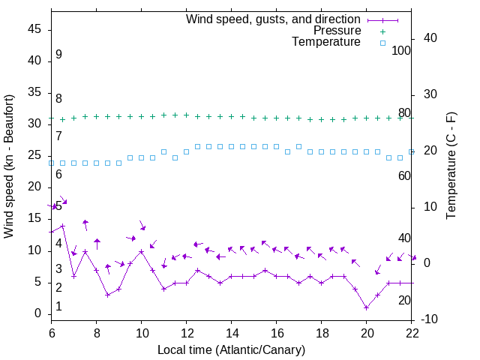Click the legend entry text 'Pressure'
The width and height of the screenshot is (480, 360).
tap(337, 31)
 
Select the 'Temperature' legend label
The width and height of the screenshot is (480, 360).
tap(326, 42)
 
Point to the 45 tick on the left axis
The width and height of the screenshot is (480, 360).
tap(34, 28)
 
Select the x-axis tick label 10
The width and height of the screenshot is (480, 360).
tap(141, 333)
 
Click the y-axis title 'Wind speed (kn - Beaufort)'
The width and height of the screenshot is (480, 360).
tap(10, 166)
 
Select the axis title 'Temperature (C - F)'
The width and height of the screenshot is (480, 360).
tap(451, 166)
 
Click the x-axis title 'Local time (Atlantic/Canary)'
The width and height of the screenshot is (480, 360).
tap(231, 349)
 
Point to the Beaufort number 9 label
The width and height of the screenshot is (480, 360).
tap(58, 55)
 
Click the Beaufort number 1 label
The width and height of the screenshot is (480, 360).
tap(58, 307)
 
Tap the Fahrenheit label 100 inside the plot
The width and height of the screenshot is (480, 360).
tap(401, 51)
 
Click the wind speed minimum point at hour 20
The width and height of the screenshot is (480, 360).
tap(366, 307)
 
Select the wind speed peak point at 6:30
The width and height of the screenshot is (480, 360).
tap(63, 226)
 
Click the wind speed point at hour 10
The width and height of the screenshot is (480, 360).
tap(141, 251)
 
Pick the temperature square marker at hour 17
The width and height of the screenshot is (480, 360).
tap(298, 146)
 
